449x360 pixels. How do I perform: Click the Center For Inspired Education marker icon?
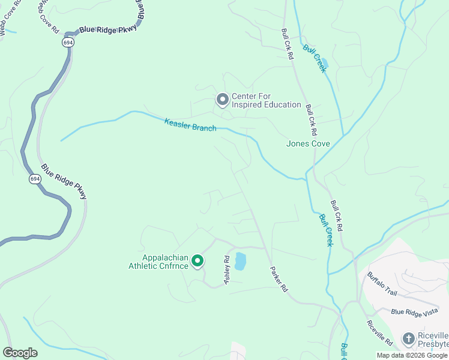(223, 100)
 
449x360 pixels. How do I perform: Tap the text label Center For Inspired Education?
(266, 100)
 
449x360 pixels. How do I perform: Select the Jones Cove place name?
(308, 143)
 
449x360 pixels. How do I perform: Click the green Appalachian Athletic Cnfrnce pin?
(197, 261)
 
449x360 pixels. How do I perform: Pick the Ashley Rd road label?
(228, 271)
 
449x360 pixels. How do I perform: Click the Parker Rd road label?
(279, 279)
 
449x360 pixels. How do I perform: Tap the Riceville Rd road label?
(380, 333)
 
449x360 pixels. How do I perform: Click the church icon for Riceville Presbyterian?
(408, 339)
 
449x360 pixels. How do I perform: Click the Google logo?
(20, 352)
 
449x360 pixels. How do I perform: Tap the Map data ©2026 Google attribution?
(411, 355)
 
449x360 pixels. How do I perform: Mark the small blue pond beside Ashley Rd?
(240, 261)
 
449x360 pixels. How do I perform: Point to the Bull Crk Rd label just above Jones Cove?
(310, 120)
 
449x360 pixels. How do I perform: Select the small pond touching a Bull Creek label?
(325, 63)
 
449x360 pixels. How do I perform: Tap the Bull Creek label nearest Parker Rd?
(325, 230)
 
